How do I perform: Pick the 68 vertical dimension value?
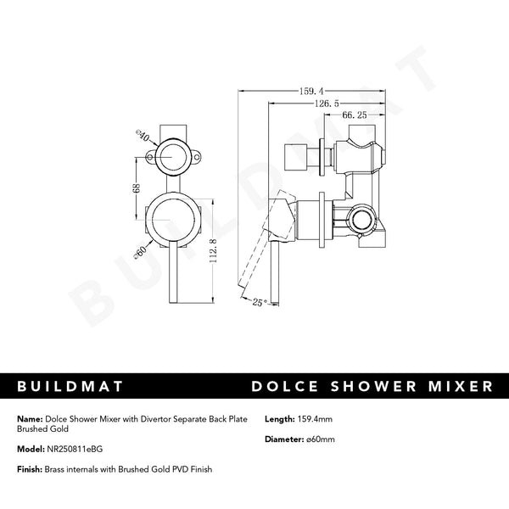(137, 188)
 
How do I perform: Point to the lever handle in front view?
(174, 271)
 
